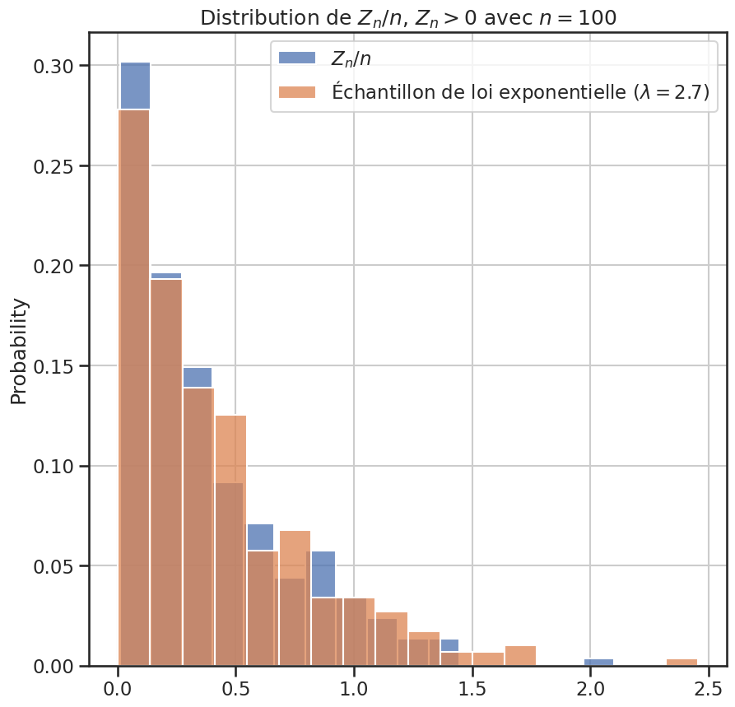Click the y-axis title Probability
18,351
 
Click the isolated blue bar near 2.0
598,663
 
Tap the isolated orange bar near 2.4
682,663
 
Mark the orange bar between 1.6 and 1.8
520,656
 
